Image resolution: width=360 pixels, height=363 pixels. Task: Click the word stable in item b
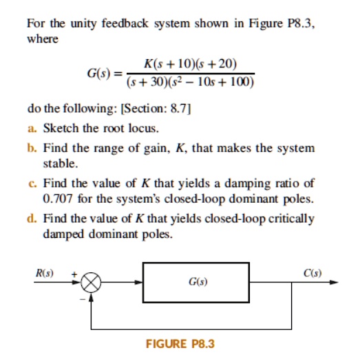[x=59, y=165]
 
